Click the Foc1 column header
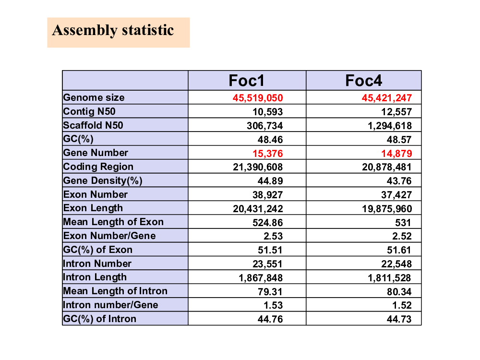click(x=246, y=81)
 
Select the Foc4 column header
click(x=364, y=81)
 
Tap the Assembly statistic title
click(x=113, y=31)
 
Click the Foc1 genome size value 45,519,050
click(x=258, y=98)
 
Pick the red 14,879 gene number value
click(x=396, y=154)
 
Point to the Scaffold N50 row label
click(x=93, y=125)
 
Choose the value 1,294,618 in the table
click(x=390, y=126)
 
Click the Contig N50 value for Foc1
click(x=267, y=112)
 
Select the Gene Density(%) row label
click(x=103, y=180)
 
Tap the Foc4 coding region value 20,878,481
click(x=387, y=167)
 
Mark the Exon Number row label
click(x=95, y=194)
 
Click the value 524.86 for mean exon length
click(x=267, y=223)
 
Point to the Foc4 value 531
click(x=403, y=223)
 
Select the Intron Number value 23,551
click(x=267, y=264)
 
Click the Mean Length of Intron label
click(x=115, y=291)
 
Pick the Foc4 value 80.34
click(x=399, y=292)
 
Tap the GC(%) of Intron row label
click(x=99, y=319)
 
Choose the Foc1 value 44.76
click(x=270, y=319)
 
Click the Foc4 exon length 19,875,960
click(x=387, y=209)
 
